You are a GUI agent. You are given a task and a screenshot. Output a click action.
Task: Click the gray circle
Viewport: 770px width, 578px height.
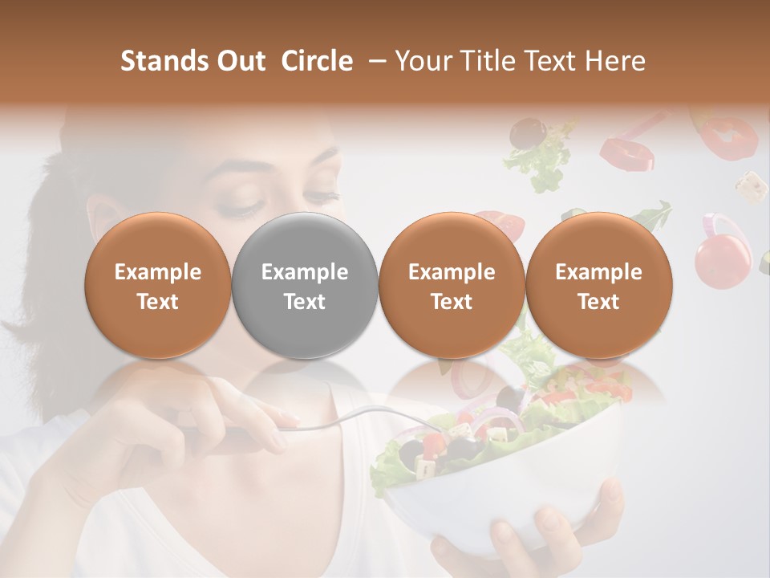(305, 285)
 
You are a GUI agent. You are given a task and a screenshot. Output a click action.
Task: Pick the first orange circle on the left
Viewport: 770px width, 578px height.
(158, 285)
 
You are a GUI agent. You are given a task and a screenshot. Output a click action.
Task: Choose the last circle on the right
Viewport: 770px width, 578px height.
(599, 285)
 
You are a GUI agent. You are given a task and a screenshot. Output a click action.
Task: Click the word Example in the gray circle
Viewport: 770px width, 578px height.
(305, 272)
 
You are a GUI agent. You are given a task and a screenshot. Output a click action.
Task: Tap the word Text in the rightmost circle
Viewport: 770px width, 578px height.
(599, 302)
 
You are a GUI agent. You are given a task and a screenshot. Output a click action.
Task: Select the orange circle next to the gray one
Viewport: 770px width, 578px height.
(452, 285)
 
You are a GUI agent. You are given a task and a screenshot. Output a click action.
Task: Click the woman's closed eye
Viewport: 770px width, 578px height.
(237, 210)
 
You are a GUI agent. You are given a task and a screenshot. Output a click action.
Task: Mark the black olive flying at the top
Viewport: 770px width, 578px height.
(526, 130)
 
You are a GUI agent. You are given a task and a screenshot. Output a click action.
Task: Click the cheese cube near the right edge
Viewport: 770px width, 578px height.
(751, 185)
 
